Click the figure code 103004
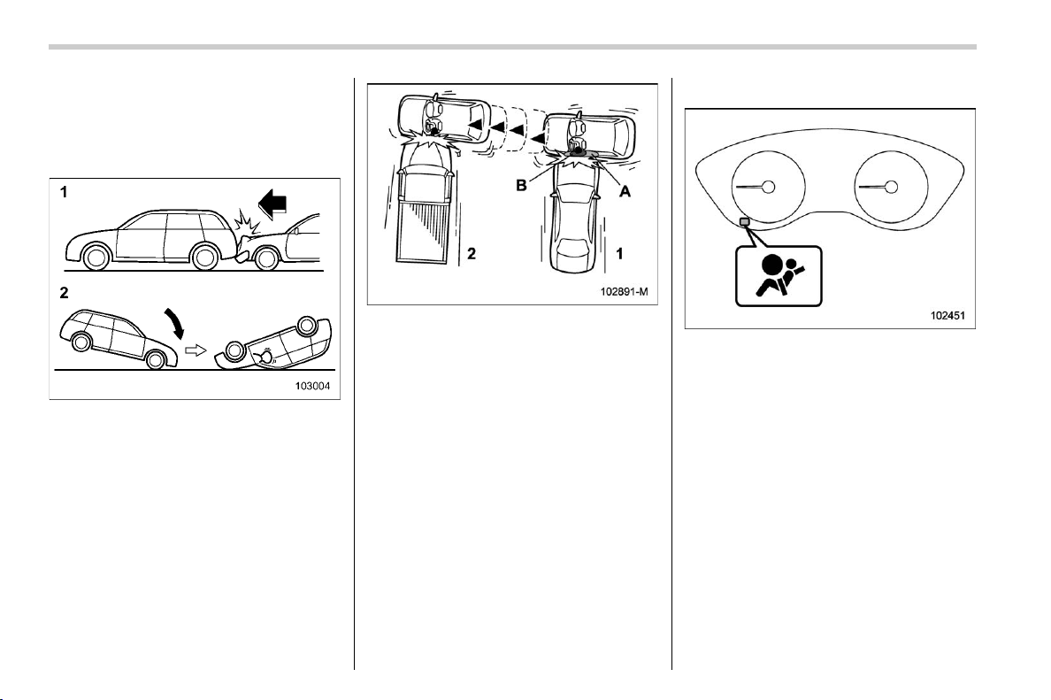click(314, 386)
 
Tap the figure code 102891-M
click(625, 292)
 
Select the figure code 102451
click(947, 315)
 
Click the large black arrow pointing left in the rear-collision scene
click(272, 204)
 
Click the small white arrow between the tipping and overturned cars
click(195, 350)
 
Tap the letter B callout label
click(521, 185)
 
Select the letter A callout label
click(625, 191)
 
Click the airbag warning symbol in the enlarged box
click(779, 276)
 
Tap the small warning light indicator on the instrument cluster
click(743, 222)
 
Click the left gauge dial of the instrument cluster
click(768, 187)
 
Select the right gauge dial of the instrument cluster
click(892, 187)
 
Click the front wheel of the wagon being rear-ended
click(95, 258)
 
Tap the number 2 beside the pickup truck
click(472, 253)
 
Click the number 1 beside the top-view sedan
click(619, 253)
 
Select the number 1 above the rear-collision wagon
click(64, 192)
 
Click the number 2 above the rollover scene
click(65, 293)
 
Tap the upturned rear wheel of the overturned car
click(307, 326)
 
